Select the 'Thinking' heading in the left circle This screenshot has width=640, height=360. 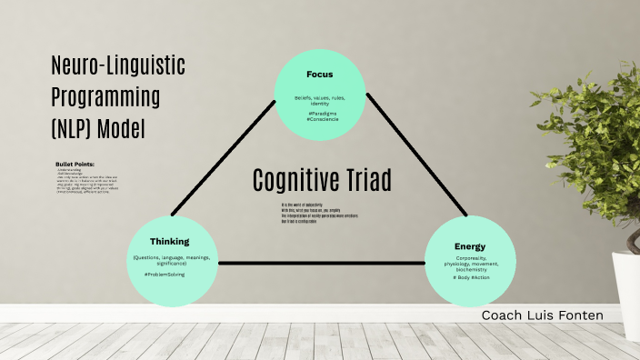coord(169,242)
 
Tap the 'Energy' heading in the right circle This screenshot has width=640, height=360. coord(470,246)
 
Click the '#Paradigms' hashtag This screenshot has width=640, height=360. coord(319,113)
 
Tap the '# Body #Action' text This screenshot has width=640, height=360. coord(470,276)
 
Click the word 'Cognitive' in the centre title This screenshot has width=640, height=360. coord(296,181)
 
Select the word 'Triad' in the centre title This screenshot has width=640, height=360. coord(368,181)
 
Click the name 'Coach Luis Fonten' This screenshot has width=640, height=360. coord(542,315)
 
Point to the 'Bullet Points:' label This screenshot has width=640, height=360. coord(75,164)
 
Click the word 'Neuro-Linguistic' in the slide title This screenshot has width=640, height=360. coord(118,65)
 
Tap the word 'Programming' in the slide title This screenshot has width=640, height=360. coord(105,96)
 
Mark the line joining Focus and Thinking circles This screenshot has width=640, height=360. coord(223,155)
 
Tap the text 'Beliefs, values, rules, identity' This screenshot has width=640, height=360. coord(319,100)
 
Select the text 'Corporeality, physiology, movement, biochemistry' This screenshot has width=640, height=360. coord(470,264)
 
